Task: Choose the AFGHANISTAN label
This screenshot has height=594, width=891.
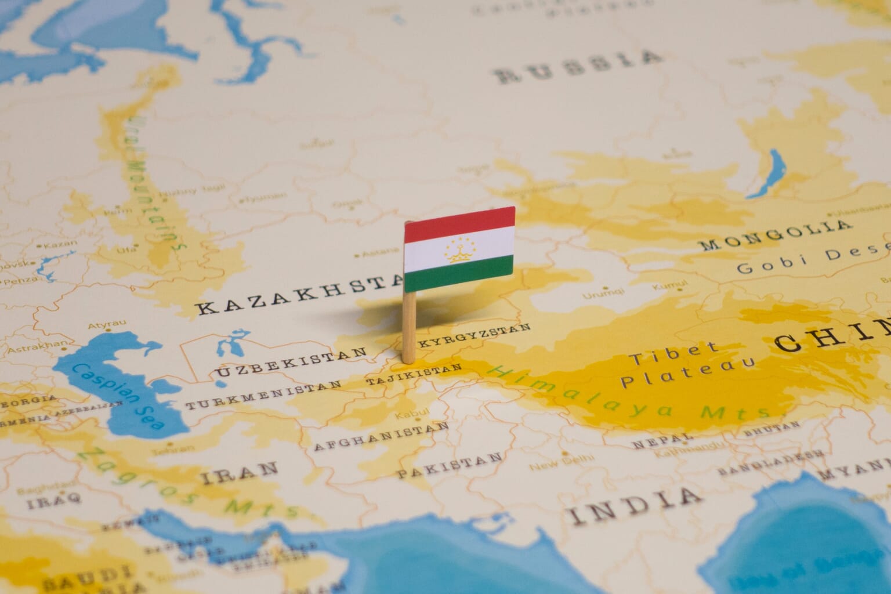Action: pos(381,436)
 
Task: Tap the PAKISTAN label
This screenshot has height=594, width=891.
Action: pos(450,464)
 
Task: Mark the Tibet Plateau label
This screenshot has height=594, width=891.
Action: pos(684,364)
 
